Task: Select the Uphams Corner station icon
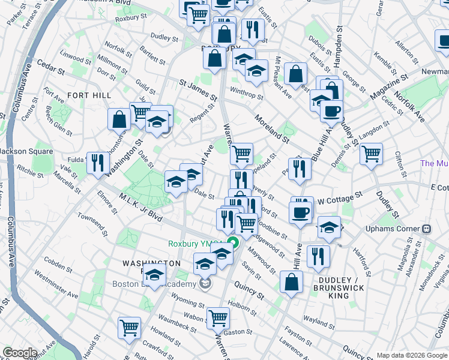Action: [x=427, y=229]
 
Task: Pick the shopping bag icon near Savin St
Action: [x=291, y=283]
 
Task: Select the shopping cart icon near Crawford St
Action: [x=129, y=328]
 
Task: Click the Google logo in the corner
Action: [x=20, y=353]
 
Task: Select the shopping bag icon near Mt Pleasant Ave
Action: [x=295, y=74]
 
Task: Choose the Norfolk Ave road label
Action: [x=409, y=106]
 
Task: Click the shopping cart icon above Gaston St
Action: [x=218, y=317]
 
